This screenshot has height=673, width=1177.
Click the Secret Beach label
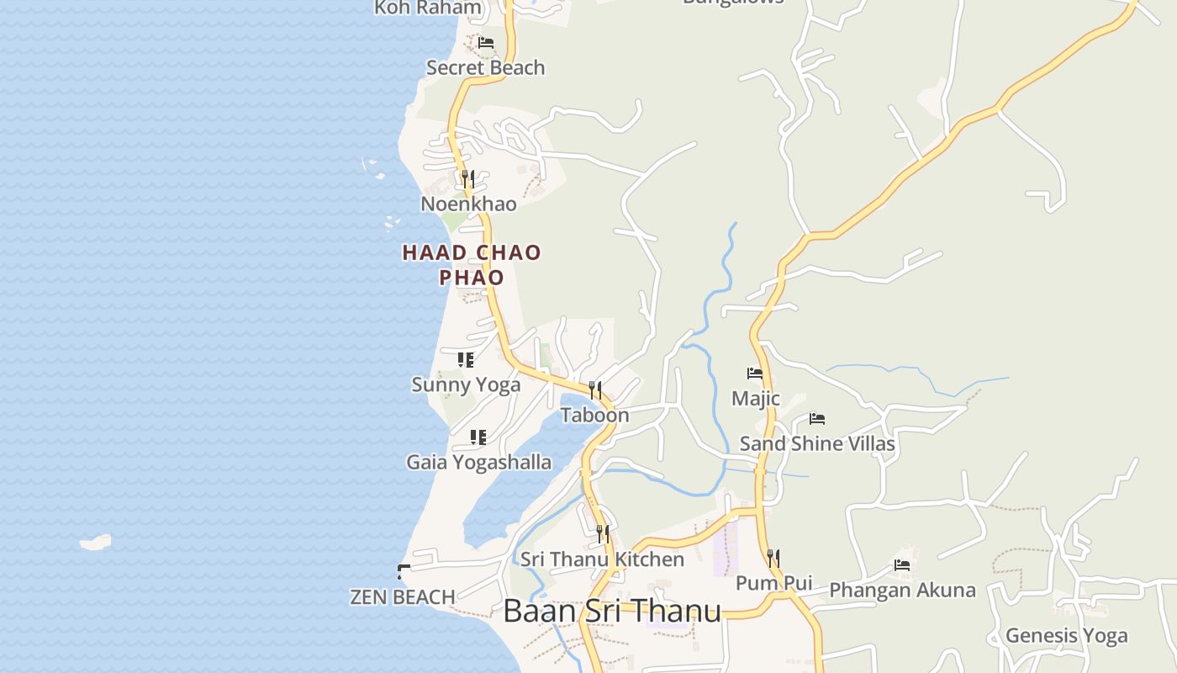(485, 68)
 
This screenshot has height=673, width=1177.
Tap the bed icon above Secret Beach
(485, 42)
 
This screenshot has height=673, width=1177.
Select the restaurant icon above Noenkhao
(467, 178)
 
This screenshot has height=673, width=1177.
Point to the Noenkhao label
(468, 204)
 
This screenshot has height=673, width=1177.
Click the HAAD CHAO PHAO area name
(472, 264)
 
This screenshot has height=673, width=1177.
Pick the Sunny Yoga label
(466, 385)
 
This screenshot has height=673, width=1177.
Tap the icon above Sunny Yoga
(465, 360)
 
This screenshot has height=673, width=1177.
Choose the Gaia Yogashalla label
(479, 463)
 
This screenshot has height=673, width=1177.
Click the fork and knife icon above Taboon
(594, 389)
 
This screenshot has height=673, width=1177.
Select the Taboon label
(594, 416)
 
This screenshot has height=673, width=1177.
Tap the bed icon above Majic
(755, 374)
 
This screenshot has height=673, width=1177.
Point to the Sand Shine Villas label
(817, 444)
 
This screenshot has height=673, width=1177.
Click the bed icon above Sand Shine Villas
(816, 419)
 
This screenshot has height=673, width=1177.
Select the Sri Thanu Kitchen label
(602, 559)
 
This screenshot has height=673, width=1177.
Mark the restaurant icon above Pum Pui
(773, 558)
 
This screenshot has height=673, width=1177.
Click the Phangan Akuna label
(902, 591)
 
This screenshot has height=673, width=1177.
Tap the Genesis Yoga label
(1066, 636)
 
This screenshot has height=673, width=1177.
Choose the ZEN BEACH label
(403, 597)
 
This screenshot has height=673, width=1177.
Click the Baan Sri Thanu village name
(612, 612)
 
